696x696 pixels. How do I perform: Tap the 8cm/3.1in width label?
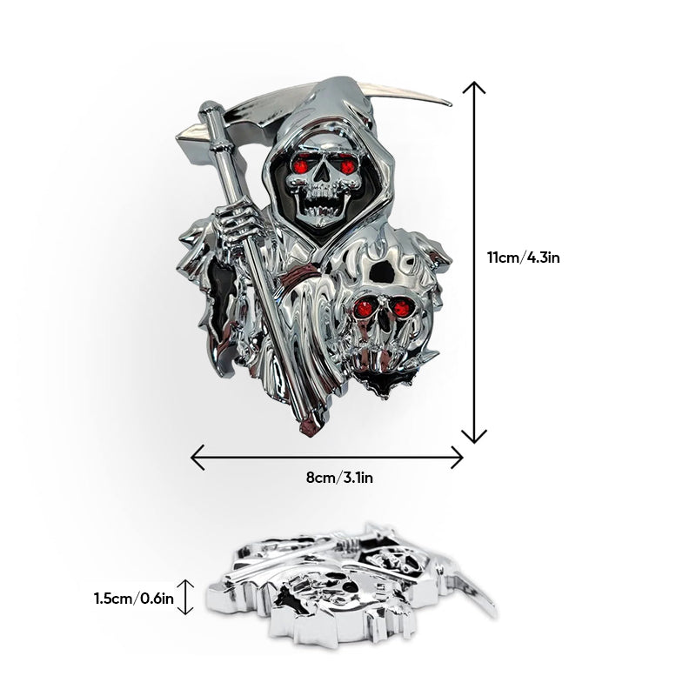point(327,477)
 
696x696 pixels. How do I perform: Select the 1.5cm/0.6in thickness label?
point(133,598)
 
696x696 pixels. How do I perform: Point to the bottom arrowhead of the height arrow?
point(473,438)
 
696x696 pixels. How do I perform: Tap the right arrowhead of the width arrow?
point(458,456)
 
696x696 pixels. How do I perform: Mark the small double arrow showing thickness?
point(184,598)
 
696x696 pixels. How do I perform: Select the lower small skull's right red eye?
point(400,308)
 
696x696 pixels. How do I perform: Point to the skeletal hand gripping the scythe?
point(233,228)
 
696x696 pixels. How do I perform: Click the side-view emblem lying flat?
point(348,579)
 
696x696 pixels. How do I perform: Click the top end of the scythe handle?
point(210,109)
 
